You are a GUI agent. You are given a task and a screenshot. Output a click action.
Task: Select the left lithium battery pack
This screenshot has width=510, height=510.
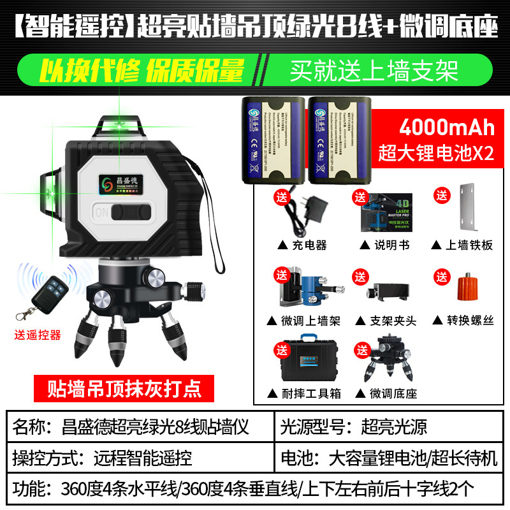click(x=272, y=135)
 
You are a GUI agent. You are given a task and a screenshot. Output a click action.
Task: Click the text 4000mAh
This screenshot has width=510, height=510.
click(x=446, y=127)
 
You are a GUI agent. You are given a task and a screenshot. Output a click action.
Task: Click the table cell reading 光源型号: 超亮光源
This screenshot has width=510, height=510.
click(x=389, y=426)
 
